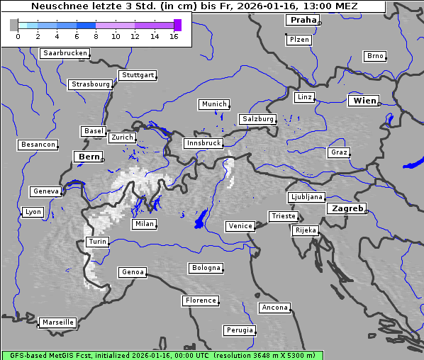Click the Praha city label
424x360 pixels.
coord(303,20)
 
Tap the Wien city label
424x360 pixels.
coord(365,101)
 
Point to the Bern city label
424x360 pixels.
coord(89,156)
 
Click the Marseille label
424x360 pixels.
coord(58,322)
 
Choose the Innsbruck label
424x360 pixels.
coord(203,143)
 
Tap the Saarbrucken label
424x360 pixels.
coord(65,53)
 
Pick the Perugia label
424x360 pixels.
coord(240,330)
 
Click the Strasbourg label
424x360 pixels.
coord(91,84)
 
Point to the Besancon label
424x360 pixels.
coord(38,145)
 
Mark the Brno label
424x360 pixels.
coord(375,56)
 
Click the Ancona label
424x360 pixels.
coord(275,308)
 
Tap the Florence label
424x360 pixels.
coord(201,300)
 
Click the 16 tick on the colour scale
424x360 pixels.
coord(174,36)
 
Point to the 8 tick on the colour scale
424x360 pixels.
coord(96,36)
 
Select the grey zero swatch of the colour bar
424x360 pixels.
coord(14,25)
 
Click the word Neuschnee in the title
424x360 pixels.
coord(57,6)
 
